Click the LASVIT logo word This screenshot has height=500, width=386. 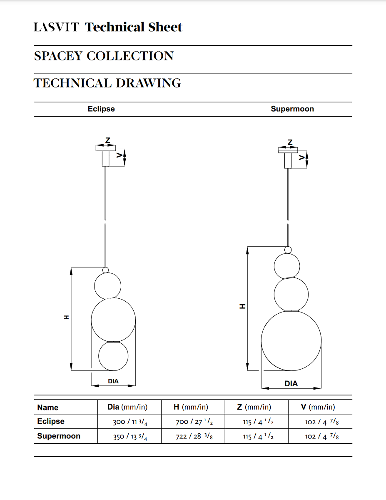tap(56, 28)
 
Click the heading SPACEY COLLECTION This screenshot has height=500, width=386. tap(104, 56)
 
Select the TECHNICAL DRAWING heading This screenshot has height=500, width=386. tap(107, 83)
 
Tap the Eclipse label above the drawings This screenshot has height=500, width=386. tap(101, 109)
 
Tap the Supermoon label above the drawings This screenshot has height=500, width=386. tap(292, 109)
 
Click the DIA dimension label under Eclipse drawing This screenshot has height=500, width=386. tap(113, 381)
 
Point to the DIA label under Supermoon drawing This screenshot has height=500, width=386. tap(291, 383)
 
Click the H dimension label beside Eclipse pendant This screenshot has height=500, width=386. tap(66, 317)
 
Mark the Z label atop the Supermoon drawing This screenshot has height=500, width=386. tap(290, 142)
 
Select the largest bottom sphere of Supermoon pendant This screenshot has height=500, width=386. tap(291, 341)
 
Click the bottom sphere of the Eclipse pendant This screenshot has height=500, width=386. tap(113, 356)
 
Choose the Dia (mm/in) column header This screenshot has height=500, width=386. tap(127, 407)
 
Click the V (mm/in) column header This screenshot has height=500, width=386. tap(318, 407)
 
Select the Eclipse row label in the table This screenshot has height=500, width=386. tap(51, 421)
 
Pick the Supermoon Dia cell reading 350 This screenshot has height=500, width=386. tap(130, 436)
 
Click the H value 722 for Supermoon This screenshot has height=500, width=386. tap(194, 436)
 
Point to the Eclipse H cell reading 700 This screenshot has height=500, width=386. tap(194, 422)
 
